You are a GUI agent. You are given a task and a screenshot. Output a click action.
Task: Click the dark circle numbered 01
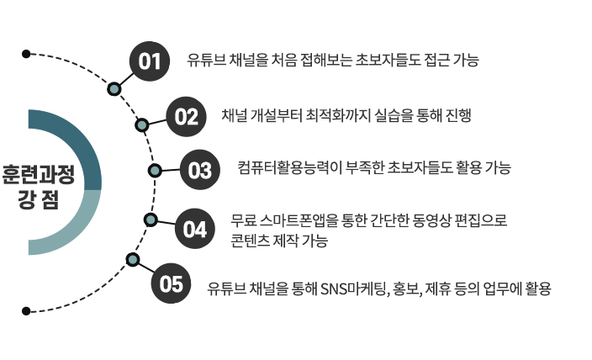pyautogui.click(x=150, y=61)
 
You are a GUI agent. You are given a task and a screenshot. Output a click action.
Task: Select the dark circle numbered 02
pyautogui.click(x=187, y=116)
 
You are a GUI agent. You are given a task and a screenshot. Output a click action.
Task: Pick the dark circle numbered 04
pyautogui.click(x=194, y=228)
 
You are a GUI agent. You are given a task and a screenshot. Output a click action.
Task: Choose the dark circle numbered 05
pyautogui.click(x=171, y=283)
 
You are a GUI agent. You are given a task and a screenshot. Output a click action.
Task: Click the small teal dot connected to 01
pyautogui.click(x=114, y=87)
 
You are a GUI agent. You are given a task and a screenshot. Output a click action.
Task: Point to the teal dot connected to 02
pyautogui.click(x=142, y=125)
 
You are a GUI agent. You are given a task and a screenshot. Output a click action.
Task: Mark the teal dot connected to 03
pyautogui.click(x=155, y=171)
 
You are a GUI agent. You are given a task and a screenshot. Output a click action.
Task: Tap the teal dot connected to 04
pyautogui.click(x=151, y=220)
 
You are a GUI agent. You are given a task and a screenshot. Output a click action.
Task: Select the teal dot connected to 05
pyautogui.click(x=131, y=258)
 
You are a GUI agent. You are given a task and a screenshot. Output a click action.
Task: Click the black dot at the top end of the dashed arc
pyautogui.click(x=26, y=54)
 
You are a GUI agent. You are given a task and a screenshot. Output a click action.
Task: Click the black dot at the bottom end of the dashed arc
pyautogui.click(x=26, y=311)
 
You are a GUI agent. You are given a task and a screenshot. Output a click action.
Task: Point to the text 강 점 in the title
pyautogui.click(x=38, y=199)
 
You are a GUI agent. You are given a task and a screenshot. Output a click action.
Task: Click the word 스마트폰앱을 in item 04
pyautogui.click(x=301, y=221)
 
